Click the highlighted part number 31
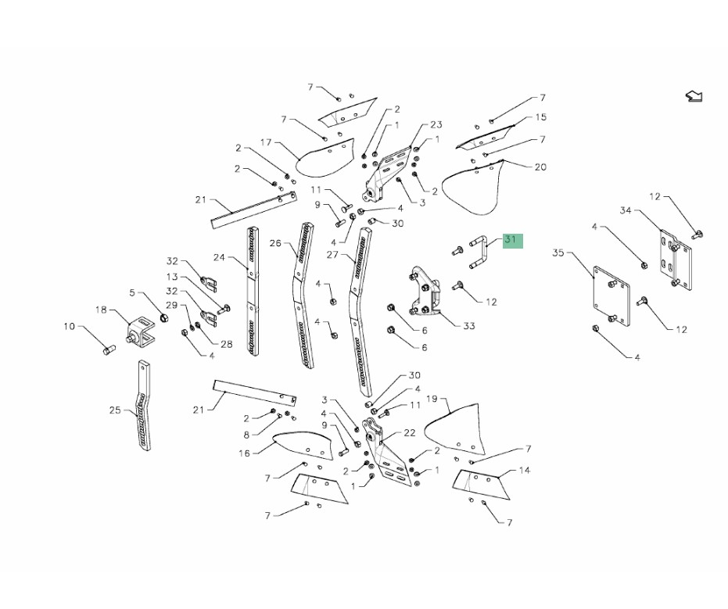coord(511,239)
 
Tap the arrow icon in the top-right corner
coord(694,96)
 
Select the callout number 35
coord(558,253)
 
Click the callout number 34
coord(626,210)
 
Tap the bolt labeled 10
coord(109,349)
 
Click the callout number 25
coord(115,410)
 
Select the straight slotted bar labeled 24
coord(253,291)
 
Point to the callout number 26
coord(275,243)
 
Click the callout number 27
coord(332,254)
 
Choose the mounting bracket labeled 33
coord(424,291)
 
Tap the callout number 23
coord(436,124)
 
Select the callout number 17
coord(266,142)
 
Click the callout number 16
coord(244,453)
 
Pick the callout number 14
coord(524,470)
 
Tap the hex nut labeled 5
coord(164,318)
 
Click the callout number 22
coord(410,432)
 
